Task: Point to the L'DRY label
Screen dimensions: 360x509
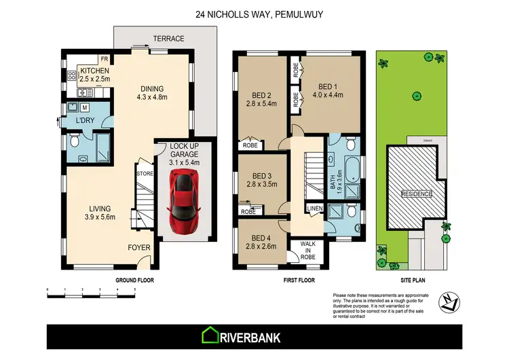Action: point(85,121)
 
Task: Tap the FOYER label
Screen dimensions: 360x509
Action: point(139,248)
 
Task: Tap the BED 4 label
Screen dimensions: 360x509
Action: point(261,237)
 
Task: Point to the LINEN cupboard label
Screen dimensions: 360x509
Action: point(314,208)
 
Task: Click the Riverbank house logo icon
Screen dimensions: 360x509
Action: point(210,336)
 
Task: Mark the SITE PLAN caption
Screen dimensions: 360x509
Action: point(414,279)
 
